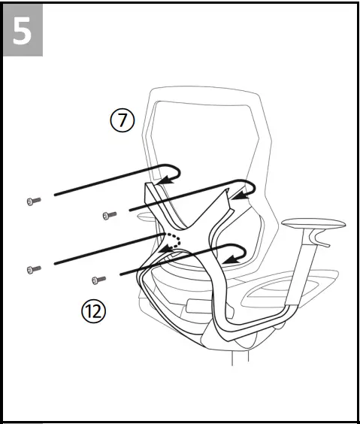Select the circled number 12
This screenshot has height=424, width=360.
coord(94,310)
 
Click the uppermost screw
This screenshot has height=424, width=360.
coord(32,201)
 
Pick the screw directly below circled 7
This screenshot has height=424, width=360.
coord(110,216)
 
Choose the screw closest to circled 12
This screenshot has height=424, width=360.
coord(98,280)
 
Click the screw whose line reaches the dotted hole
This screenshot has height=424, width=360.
coord(32,268)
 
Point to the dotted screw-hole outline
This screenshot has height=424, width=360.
coord(174,241)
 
